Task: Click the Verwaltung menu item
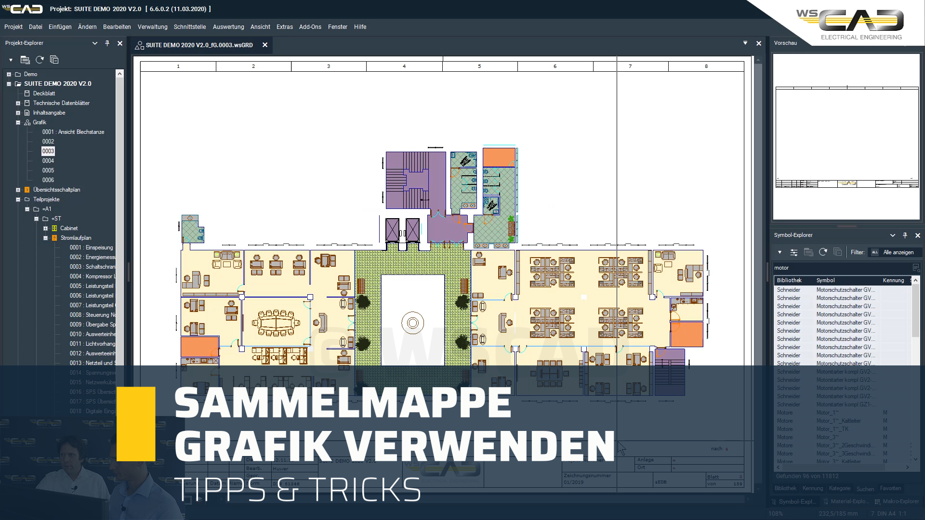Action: [x=152, y=27]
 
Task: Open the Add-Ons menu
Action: [x=310, y=27]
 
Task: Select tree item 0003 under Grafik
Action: [x=48, y=151]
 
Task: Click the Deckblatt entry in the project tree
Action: [x=44, y=93]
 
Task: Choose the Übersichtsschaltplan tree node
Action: [x=56, y=190]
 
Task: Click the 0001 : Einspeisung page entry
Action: [x=91, y=247]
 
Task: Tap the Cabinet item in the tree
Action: [x=69, y=228]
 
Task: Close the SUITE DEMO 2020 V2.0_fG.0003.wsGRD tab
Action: [x=265, y=45]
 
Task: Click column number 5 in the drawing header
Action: [x=479, y=66]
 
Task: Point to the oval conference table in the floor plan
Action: [x=276, y=322]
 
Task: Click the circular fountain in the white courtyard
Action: [x=412, y=323]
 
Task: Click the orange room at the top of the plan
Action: [x=499, y=157]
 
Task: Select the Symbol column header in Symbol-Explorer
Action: [x=825, y=280]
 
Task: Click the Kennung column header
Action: [x=893, y=280]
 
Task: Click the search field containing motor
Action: [x=841, y=268]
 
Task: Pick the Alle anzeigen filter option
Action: [x=898, y=252]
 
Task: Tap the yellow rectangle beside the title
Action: [x=136, y=424]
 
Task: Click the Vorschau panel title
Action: [x=785, y=43]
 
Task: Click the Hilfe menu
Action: [x=360, y=27]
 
